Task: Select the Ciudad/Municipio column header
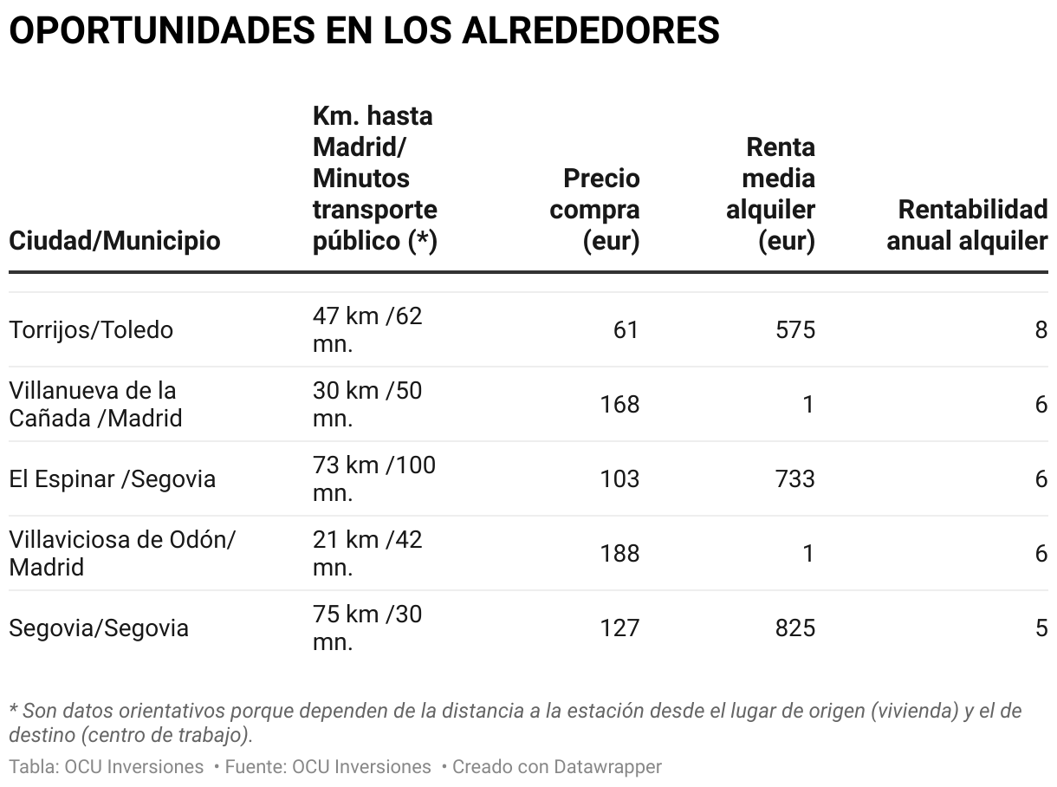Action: (x=114, y=240)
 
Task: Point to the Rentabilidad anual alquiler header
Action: (x=968, y=224)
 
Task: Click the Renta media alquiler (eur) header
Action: (x=770, y=193)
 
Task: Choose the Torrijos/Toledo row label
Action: (x=91, y=330)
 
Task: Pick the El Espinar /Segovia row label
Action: (x=112, y=479)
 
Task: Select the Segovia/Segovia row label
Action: (x=99, y=628)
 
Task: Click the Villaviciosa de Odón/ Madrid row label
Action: (x=122, y=553)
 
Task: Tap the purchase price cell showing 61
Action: (x=625, y=330)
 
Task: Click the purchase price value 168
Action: (x=619, y=405)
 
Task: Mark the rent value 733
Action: (x=795, y=479)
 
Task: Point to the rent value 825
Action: (x=795, y=628)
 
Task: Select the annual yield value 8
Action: (x=1041, y=330)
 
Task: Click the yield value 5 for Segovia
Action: (x=1041, y=628)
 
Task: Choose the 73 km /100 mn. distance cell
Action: (x=373, y=478)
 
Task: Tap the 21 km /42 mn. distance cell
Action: (x=367, y=553)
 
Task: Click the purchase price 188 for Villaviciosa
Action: (x=619, y=554)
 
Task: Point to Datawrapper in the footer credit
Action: (x=607, y=767)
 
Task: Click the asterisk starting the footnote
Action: (x=13, y=710)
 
